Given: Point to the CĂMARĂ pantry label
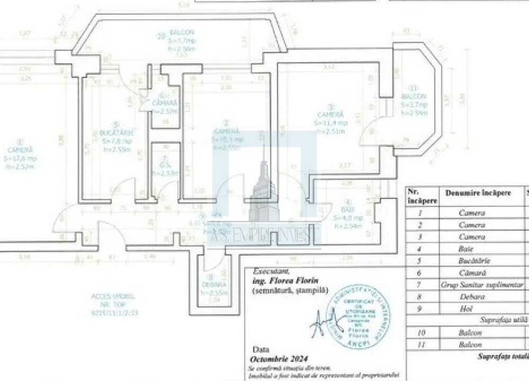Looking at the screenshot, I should click(164, 102).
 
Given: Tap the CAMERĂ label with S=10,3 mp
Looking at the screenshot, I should click(227, 131).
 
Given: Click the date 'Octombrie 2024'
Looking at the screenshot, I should click(276, 357).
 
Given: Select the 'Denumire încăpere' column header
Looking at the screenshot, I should click(478, 193).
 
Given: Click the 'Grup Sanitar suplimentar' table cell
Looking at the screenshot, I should click(482, 285).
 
